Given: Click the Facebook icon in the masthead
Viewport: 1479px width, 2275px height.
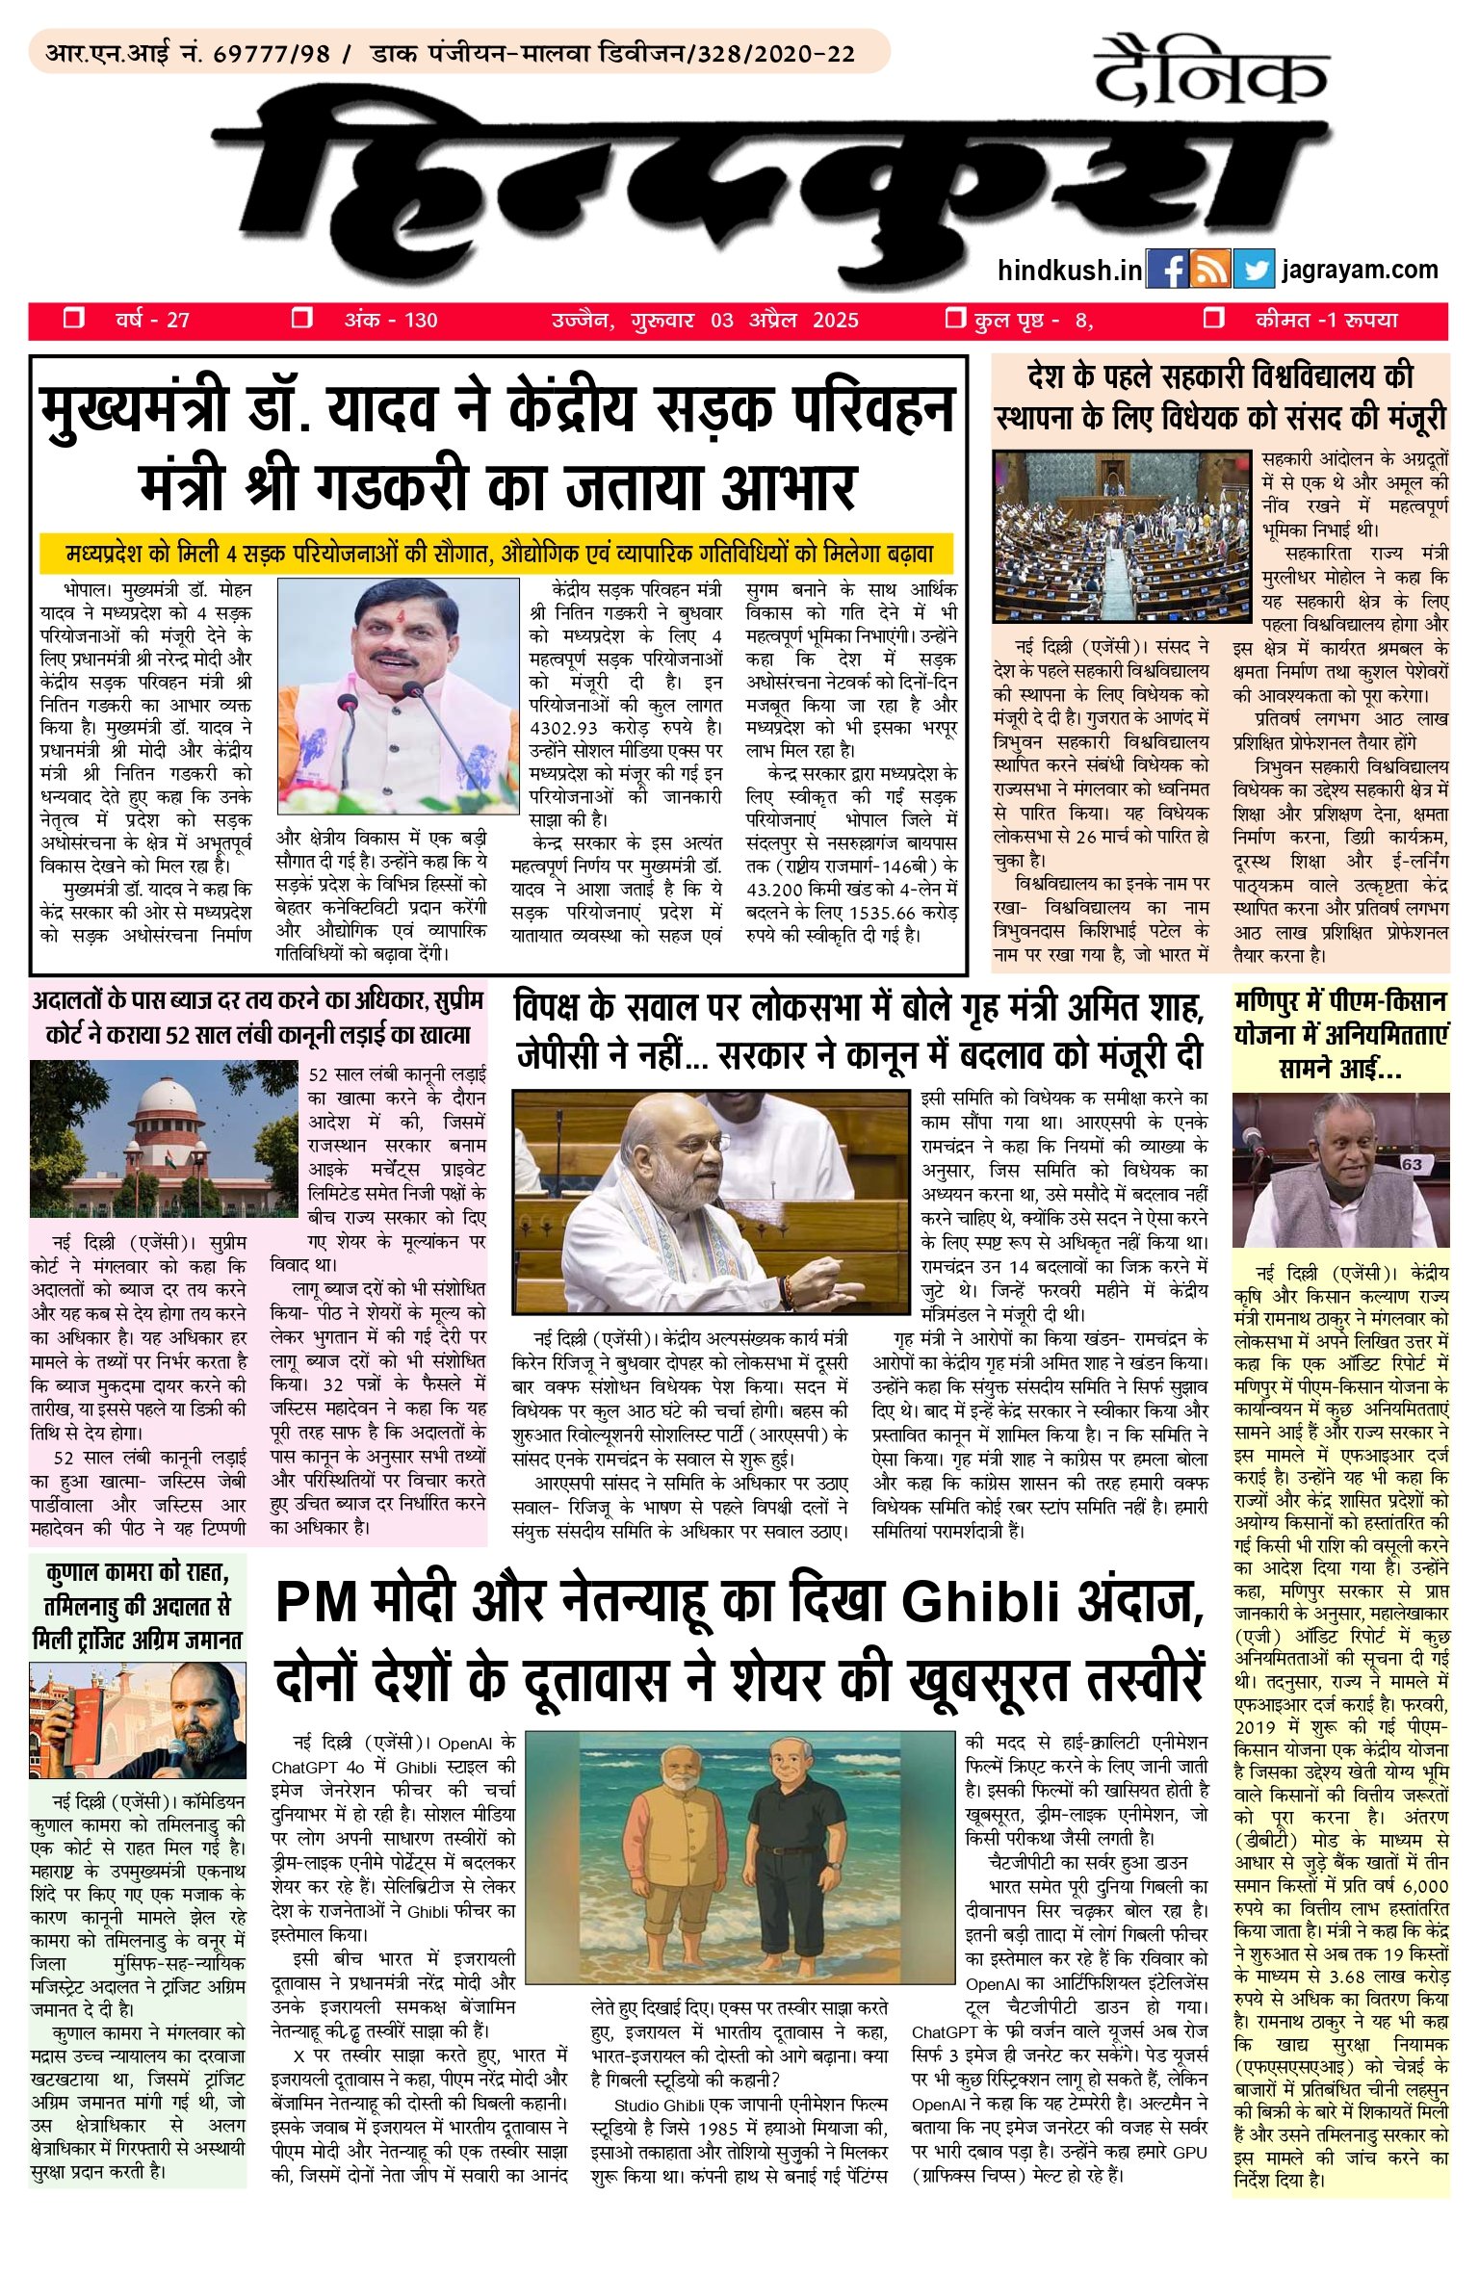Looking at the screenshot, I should click(x=1167, y=269).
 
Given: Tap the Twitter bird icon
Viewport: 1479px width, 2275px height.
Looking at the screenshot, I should click(x=1253, y=269).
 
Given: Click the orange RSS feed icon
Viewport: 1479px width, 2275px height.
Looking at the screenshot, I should click(x=1210, y=269).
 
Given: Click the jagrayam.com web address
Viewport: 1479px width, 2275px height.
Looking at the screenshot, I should click(x=1359, y=269).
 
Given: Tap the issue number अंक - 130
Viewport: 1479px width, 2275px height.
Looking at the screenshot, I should click(x=390, y=321).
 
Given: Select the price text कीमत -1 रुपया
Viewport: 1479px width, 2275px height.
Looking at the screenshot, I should click(x=1326, y=321).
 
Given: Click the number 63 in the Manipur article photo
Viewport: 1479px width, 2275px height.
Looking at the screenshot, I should click(x=1411, y=1164).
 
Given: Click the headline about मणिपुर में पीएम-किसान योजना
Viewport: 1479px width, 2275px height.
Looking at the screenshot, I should click(x=1340, y=1035).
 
